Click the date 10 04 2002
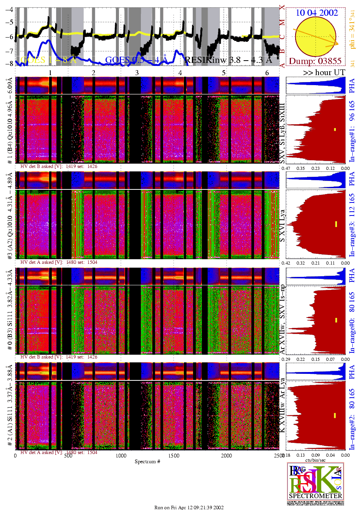tap(317, 13)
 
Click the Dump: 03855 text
tap(315, 61)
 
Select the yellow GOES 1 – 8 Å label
tap(48, 60)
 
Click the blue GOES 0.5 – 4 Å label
tap(136, 60)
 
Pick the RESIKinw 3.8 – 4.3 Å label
tap(228, 60)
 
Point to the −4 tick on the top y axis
tap(8, 10)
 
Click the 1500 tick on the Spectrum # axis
tap(174, 456)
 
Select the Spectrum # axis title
tap(147, 461)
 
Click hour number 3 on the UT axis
tap(137, 72)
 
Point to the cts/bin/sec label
tap(315, 460)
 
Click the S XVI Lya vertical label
tap(282, 226)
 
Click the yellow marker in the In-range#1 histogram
tap(335, 130)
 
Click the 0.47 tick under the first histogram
tap(286, 168)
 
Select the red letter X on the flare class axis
tap(282, 7)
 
